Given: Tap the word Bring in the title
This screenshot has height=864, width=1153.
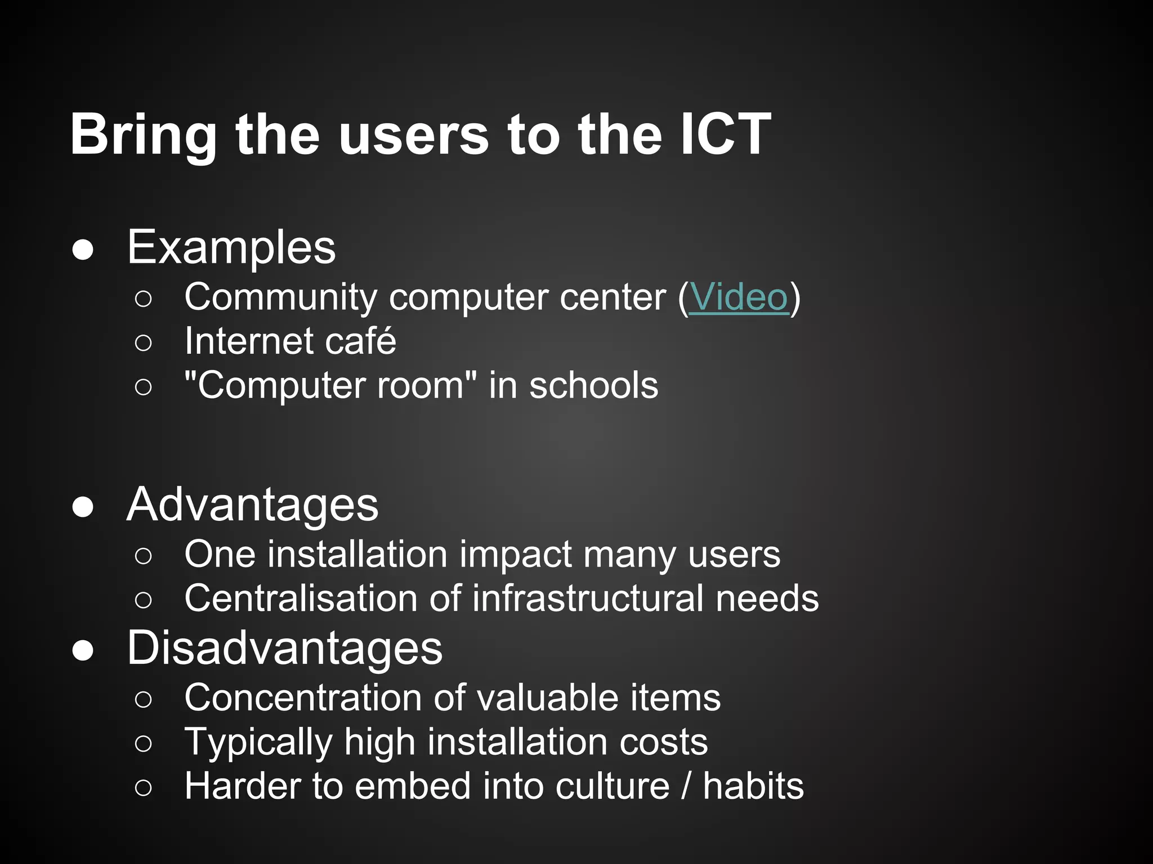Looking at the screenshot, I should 144,135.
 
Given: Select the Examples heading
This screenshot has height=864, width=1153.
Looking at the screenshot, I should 231,247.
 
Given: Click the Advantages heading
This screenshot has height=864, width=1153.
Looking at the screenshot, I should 253,505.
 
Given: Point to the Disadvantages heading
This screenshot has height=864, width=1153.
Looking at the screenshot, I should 285,648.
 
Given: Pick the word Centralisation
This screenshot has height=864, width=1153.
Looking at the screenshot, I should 301,598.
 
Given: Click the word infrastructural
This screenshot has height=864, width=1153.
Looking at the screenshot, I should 588,598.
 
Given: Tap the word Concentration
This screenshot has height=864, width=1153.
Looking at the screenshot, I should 302,698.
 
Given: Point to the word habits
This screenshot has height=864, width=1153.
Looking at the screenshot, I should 753,786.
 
